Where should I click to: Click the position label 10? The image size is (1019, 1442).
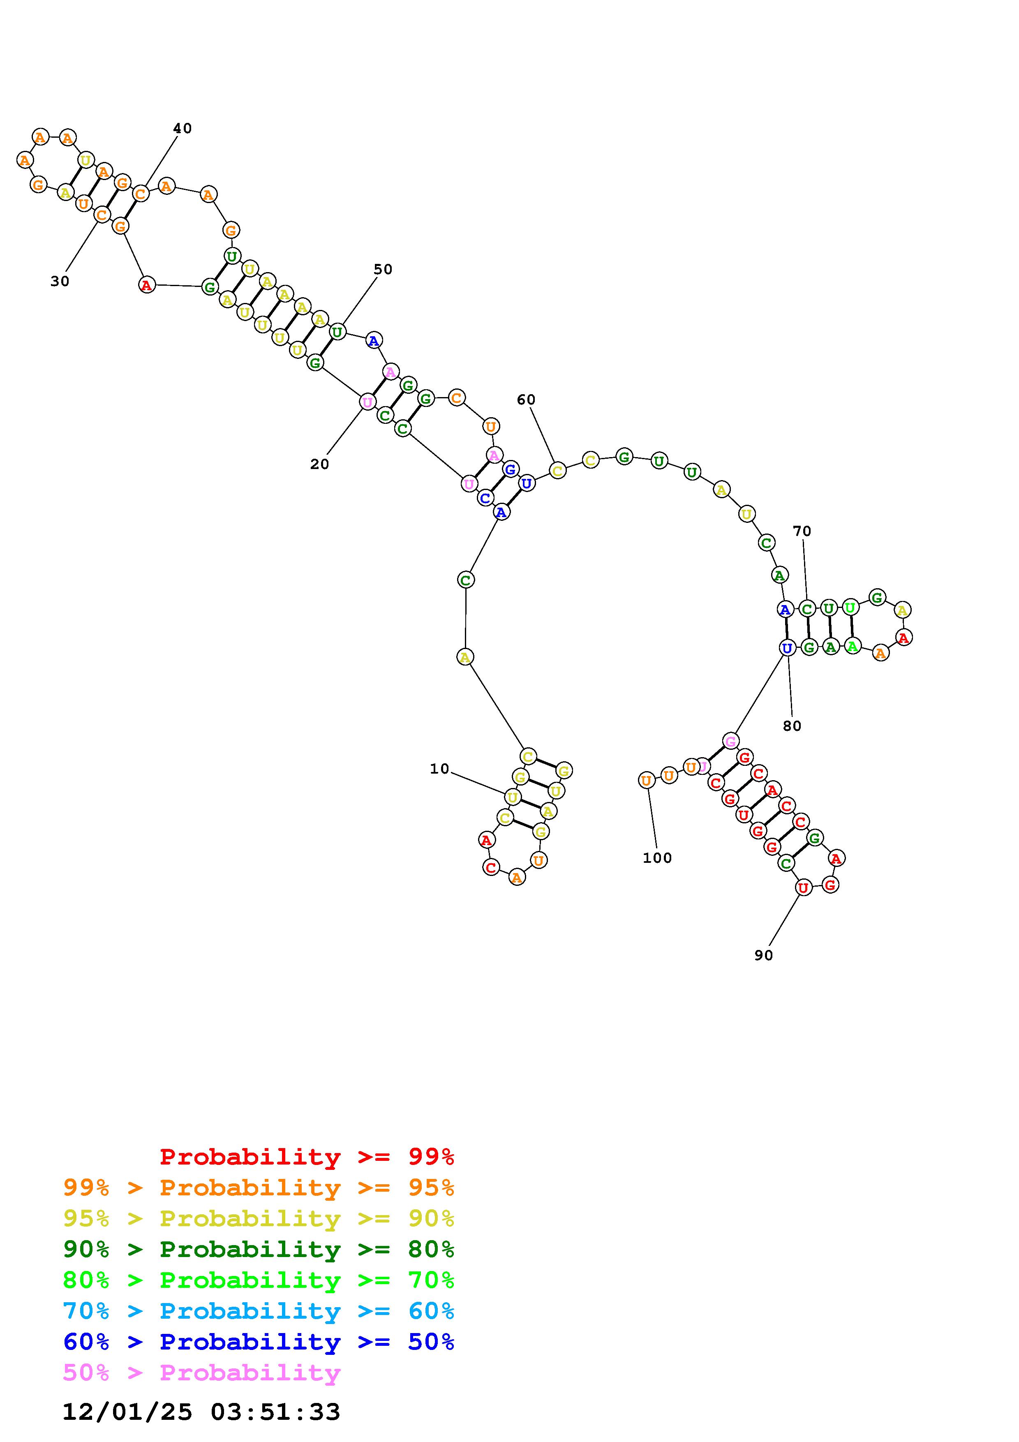(439, 769)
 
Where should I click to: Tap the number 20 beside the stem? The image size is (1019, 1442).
(319, 464)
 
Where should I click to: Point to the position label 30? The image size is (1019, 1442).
(60, 281)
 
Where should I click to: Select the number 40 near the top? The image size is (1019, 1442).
(182, 128)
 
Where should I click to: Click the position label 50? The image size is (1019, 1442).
(383, 269)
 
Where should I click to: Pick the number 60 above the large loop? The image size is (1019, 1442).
(526, 400)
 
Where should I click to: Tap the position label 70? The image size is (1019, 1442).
(802, 531)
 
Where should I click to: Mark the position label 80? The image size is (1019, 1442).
(793, 726)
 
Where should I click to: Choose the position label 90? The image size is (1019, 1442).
(763, 954)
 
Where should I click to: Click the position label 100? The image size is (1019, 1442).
(657, 857)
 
